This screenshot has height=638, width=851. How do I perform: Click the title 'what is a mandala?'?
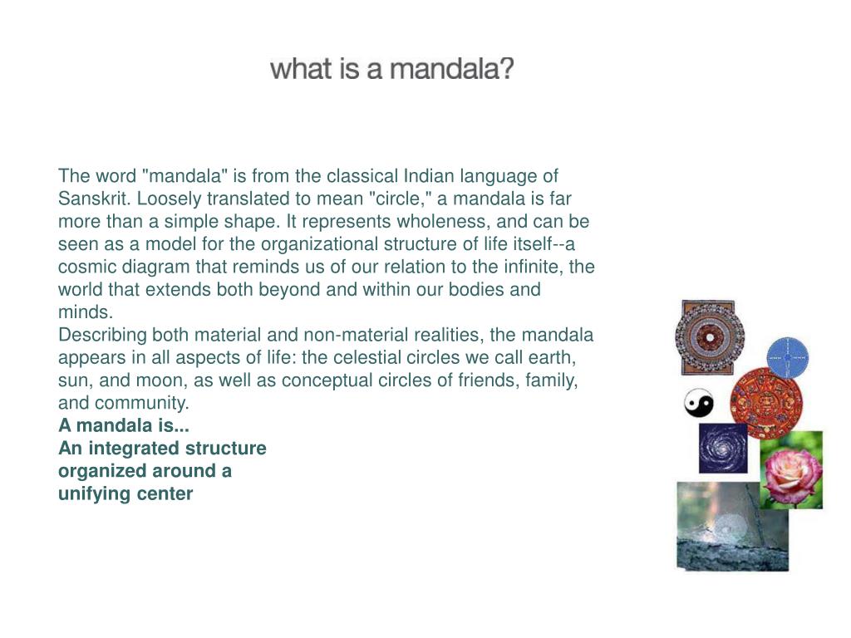pos(392,69)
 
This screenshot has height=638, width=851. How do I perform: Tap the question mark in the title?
pos(506,69)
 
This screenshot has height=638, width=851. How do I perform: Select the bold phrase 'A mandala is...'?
pos(124,425)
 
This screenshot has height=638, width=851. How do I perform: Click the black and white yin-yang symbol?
pos(699,404)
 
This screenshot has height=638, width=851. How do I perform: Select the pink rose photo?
pos(791,470)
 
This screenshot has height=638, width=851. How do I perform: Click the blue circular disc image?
pos(787,356)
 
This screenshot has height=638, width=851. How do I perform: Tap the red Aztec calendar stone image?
pos(765,402)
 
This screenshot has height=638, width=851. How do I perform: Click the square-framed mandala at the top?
pos(709,337)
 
